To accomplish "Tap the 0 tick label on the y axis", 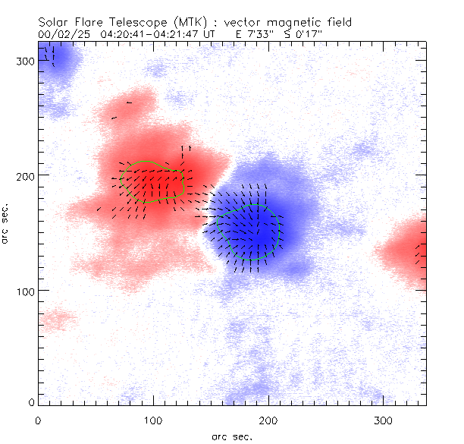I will click(31, 401).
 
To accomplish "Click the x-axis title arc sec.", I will click(232, 436).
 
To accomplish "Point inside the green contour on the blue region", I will click(249, 231).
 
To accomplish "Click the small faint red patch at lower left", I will click(58, 318).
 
